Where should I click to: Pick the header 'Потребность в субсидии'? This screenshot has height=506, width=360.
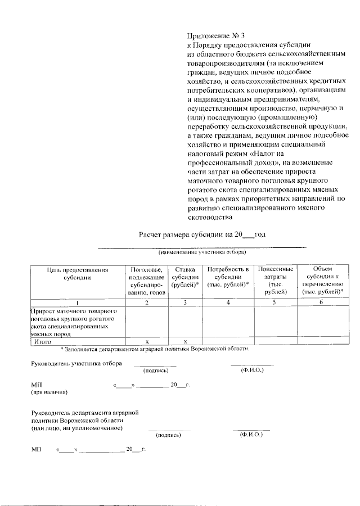(x=228, y=277)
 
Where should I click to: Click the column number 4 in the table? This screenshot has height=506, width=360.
(x=228, y=303)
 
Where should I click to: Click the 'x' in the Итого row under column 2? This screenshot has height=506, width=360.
(x=146, y=341)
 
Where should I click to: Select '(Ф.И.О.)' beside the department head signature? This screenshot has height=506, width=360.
(x=251, y=434)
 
